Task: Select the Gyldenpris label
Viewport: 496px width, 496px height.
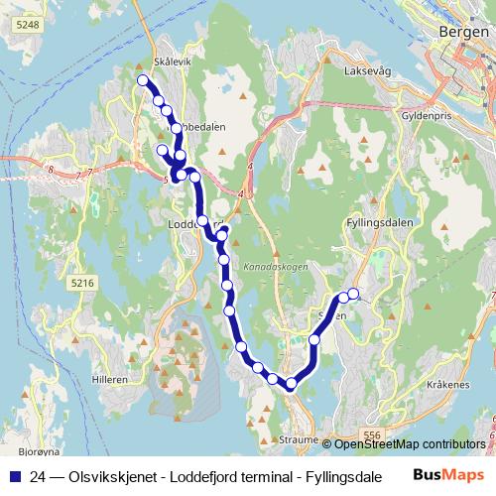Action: point(414,115)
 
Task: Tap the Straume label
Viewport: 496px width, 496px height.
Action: point(299,438)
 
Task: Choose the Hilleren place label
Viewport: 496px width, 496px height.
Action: point(107,380)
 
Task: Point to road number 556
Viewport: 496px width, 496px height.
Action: point(372,434)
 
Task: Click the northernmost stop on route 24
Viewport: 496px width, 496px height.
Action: point(142,80)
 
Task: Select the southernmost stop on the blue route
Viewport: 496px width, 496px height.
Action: point(292,384)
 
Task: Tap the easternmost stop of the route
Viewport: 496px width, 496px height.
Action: point(353,294)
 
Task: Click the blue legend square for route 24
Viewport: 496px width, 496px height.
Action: point(13,475)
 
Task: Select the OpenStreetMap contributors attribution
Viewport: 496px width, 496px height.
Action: point(410,443)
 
